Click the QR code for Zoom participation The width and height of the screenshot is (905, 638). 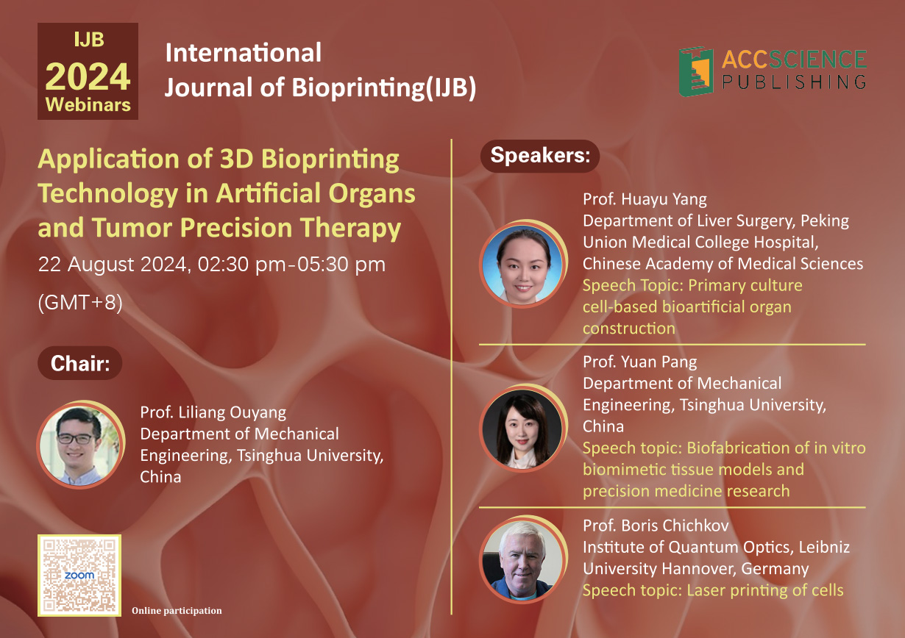(x=79, y=576)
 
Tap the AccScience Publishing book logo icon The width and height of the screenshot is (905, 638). (x=696, y=72)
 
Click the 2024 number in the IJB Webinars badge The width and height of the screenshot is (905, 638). (x=88, y=76)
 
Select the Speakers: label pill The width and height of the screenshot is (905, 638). (x=540, y=156)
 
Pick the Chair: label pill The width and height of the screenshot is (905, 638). (x=80, y=363)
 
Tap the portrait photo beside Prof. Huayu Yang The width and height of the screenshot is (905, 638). (x=523, y=265)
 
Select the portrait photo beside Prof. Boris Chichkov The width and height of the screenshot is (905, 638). (x=523, y=560)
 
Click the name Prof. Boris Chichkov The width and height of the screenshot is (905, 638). (x=656, y=526)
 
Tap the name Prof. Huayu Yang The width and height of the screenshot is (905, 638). (x=645, y=199)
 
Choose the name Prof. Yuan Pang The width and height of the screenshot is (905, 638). (x=640, y=362)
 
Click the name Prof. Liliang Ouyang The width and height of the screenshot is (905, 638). (x=213, y=413)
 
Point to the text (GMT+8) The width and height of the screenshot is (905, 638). (x=80, y=302)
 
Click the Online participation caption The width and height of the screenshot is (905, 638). (x=177, y=611)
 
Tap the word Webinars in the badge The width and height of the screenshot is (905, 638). (x=88, y=104)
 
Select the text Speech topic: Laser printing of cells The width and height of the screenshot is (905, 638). (x=713, y=590)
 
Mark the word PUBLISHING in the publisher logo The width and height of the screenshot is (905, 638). (x=795, y=82)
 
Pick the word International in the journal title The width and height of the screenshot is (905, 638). (x=244, y=52)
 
